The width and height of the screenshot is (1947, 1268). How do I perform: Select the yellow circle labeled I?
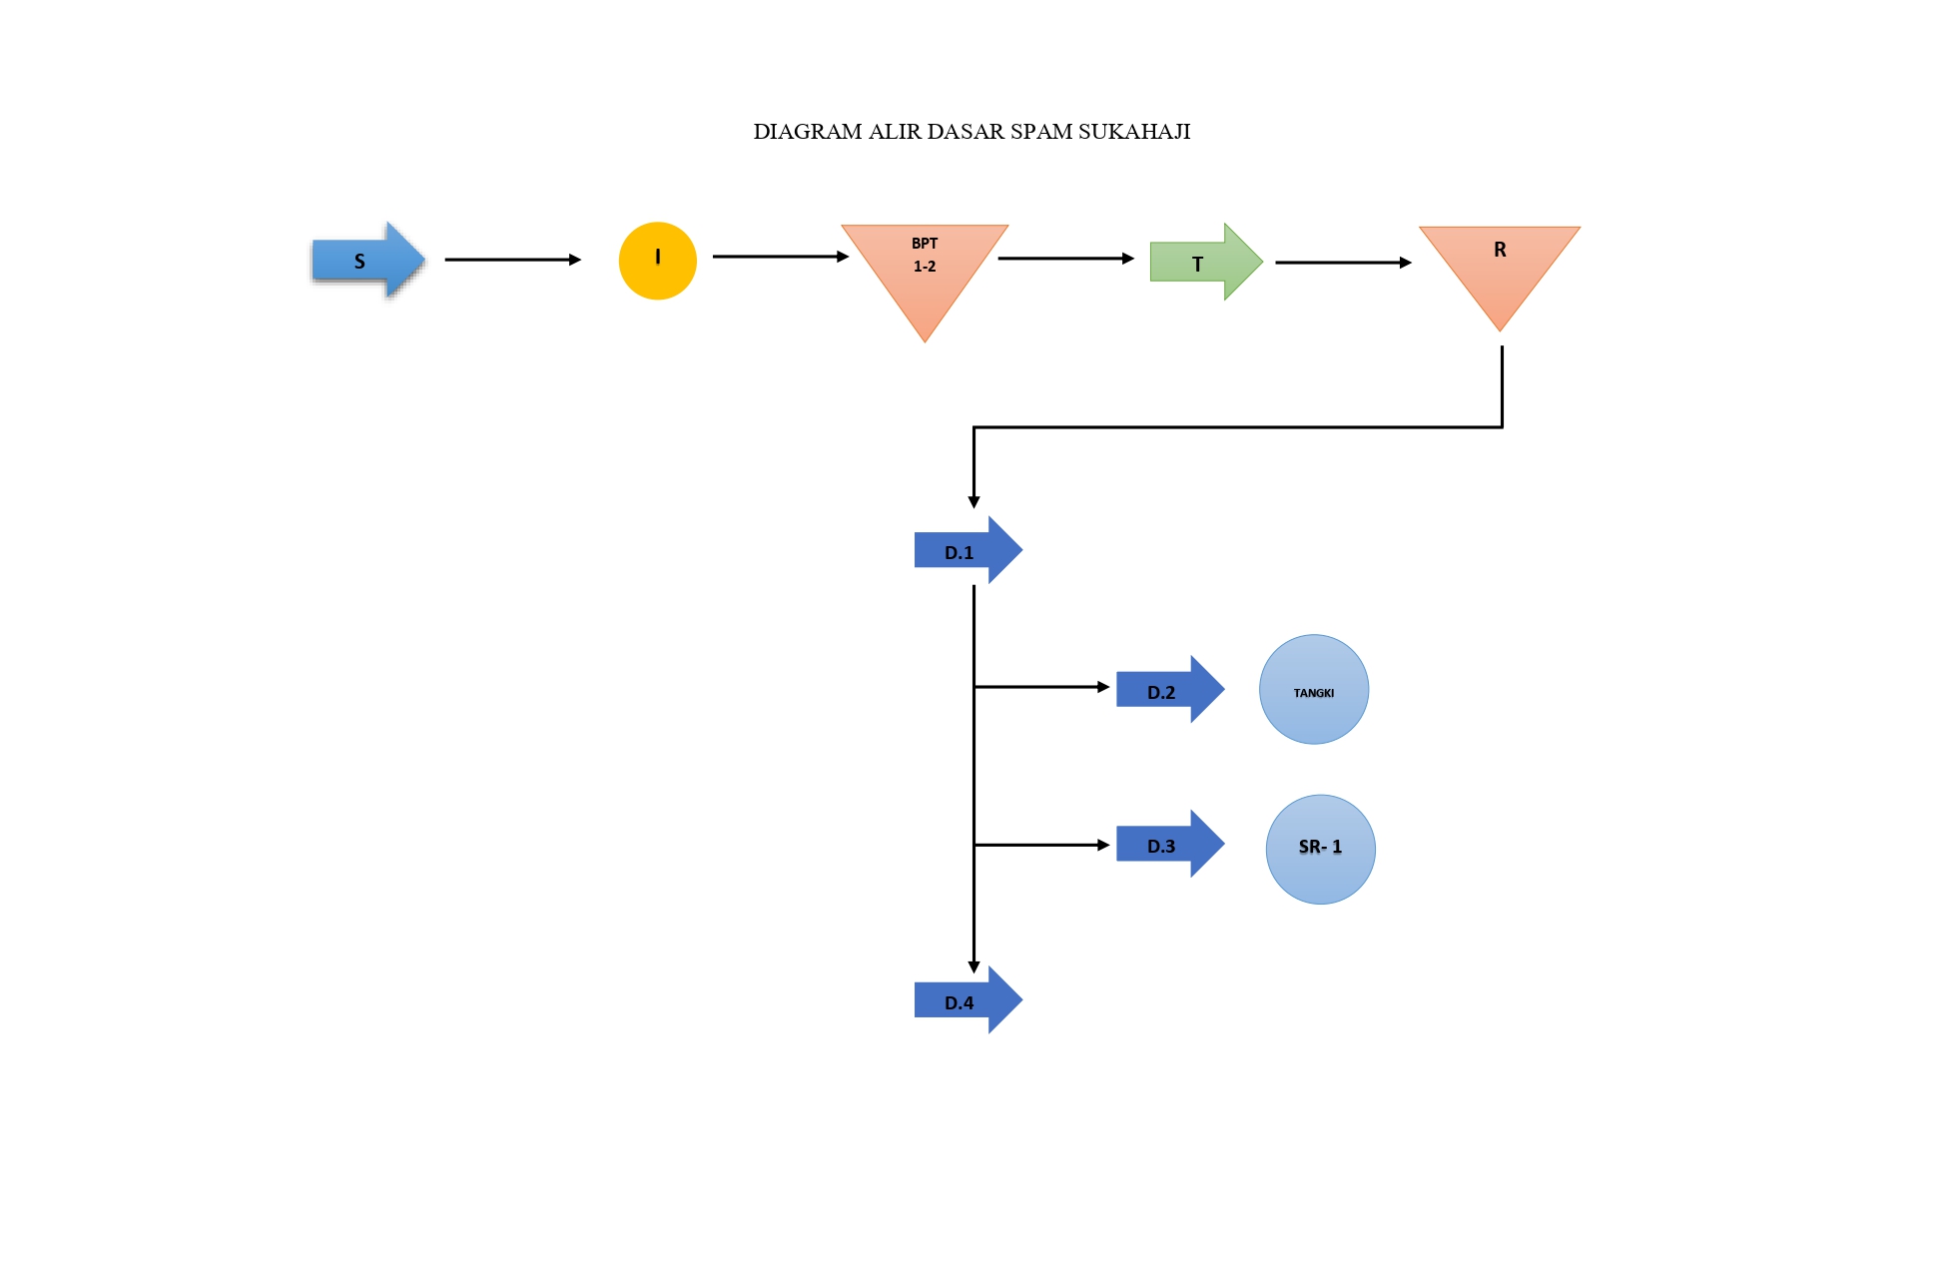[657, 261]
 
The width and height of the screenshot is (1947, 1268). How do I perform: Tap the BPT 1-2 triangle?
[925, 270]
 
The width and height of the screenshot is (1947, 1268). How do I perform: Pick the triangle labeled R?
[1500, 265]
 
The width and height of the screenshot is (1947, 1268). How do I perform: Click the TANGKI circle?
[1314, 689]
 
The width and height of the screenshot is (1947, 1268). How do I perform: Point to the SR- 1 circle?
[1320, 850]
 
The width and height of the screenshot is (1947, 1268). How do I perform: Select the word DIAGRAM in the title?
[808, 132]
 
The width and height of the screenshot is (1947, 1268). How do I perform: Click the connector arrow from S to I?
[513, 260]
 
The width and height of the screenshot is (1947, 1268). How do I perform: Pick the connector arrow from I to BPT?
[781, 257]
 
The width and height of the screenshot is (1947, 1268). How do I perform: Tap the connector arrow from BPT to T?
[1066, 259]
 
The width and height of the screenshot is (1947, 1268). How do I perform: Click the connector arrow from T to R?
[1344, 263]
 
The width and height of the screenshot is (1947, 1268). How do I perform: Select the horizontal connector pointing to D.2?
[1042, 687]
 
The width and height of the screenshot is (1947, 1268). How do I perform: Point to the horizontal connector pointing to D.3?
[1042, 845]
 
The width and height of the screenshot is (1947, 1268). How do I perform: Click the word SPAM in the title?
[1041, 132]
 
